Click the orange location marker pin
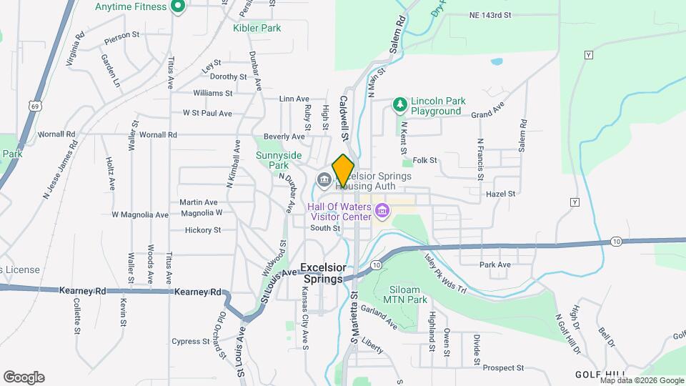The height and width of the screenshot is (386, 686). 343,170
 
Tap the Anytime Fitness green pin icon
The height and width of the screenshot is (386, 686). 179,8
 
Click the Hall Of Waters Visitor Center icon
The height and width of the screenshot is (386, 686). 382,211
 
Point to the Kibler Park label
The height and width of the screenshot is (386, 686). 257,28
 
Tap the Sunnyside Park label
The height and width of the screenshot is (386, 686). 279,160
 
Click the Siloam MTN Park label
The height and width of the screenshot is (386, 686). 408,295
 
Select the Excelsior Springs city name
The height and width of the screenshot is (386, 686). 324,272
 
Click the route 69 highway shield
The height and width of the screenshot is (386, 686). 35,106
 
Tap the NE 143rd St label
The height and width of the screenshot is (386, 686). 490,15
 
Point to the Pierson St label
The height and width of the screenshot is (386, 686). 121,34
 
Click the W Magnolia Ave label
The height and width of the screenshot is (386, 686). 140,214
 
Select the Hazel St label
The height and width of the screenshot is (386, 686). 500,194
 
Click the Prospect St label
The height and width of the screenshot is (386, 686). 503,368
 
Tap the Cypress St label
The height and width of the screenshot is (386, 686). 190,342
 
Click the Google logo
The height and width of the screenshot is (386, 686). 24,377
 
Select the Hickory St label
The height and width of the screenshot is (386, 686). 203,230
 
